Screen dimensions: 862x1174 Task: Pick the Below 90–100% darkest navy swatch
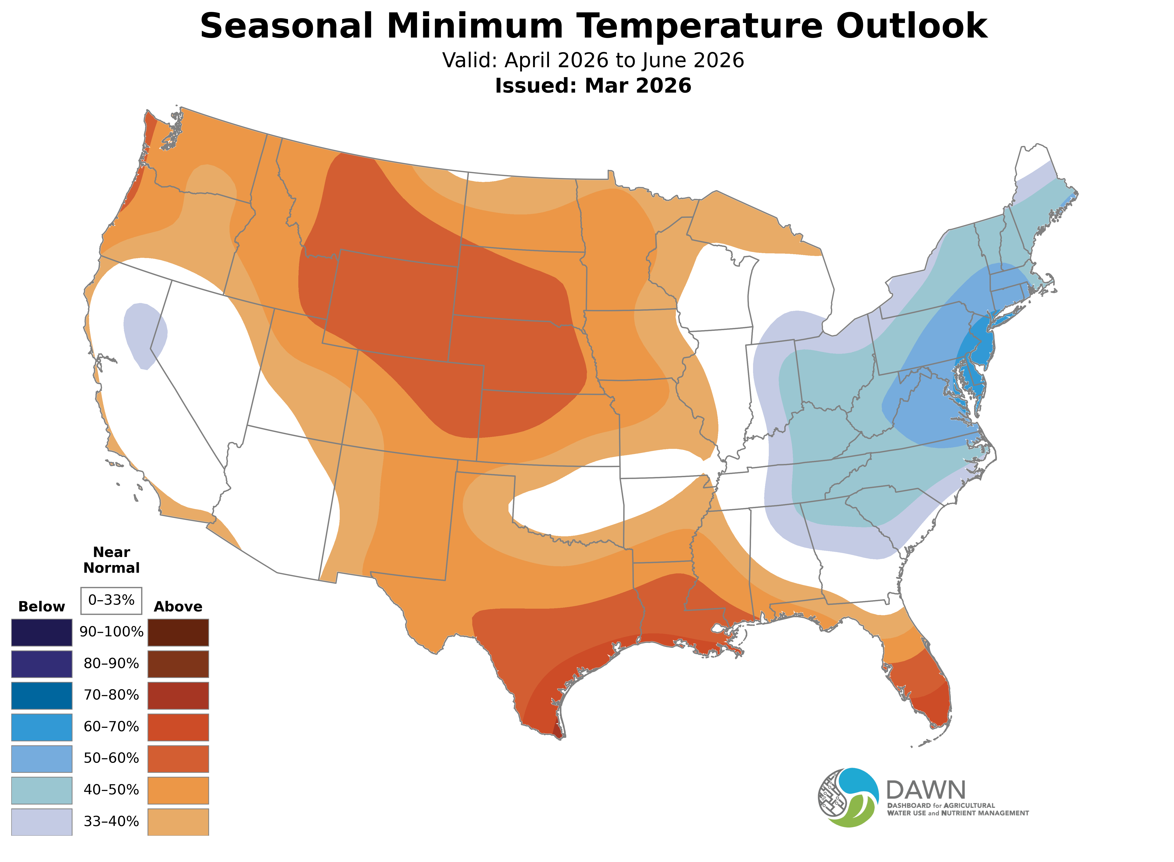pyautogui.click(x=42, y=633)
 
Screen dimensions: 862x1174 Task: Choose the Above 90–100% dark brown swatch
pyautogui.click(x=178, y=633)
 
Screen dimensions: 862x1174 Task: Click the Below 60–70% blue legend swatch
pyautogui.click(x=42, y=727)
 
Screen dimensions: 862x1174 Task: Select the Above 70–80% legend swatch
pyautogui.click(x=178, y=695)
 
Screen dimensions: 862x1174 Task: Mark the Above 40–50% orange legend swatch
pyautogui.click(x=178, y=790)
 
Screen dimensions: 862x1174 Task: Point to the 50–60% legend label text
pyautogui.click(x=111, y=758)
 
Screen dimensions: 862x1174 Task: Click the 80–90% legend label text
pyautogui.click(x=111, y=664)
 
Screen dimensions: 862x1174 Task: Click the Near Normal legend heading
pyautogui.click(x=111, y=560)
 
